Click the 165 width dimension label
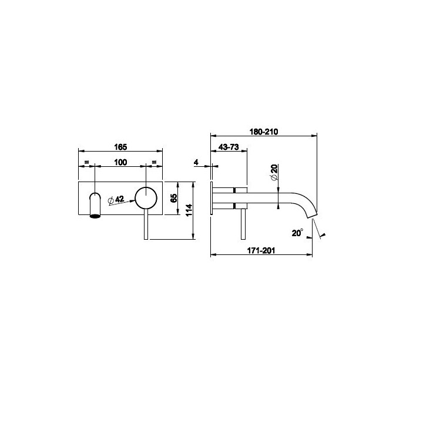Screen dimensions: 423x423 click(x=120, y=147)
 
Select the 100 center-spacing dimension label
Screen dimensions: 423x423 click(x=120, y=162)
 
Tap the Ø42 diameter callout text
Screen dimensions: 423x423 click(x=116, y=200)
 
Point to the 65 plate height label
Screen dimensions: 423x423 click(x=174, y=198)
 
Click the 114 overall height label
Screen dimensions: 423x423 click(x=189, y=210)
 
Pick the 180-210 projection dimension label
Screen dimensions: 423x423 click(x=264, y=132)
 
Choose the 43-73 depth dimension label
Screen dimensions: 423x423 click(x=229, y=147)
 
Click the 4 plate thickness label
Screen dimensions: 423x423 click(x=196, y=162)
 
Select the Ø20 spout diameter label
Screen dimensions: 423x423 click(x=274, y=172)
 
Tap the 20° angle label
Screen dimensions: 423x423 click(x=297, y=233)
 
